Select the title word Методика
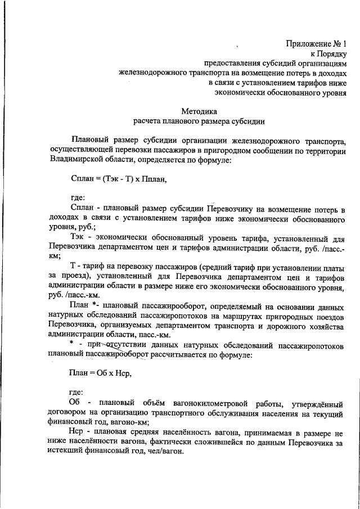[199, 110]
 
